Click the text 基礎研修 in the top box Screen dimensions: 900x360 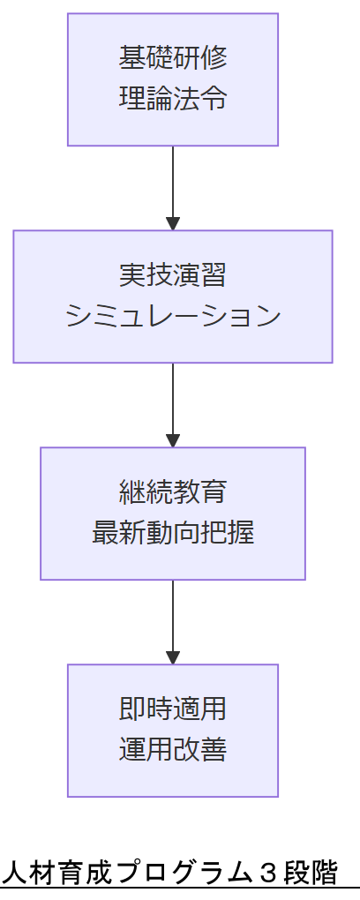[173, 59]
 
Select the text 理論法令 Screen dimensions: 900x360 [173, 98]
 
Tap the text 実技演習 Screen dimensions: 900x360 [173, 276]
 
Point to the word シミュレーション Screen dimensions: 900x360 [173, 316]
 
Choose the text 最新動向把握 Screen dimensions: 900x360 [173, 533]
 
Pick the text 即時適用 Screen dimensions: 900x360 [173, 710]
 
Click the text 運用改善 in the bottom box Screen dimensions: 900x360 [173, 750]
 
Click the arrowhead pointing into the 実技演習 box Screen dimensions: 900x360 [173, 223]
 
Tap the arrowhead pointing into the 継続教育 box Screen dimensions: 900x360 [173, 440]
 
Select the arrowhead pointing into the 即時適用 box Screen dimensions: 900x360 [173, 657]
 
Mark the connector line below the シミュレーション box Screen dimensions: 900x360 [173, 397]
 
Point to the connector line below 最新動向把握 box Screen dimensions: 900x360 [173, 614]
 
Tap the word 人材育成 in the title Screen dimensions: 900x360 [51, 874]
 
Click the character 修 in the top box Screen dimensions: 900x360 [214, 59]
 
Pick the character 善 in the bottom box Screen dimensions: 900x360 [214, 750]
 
